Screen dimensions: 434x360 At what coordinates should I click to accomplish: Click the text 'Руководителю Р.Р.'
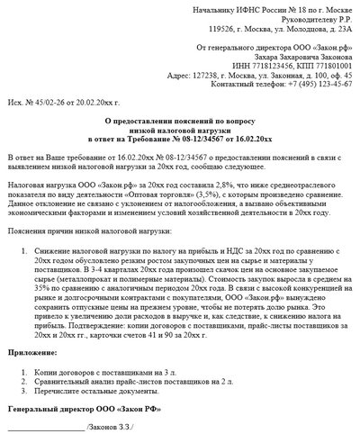311,19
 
